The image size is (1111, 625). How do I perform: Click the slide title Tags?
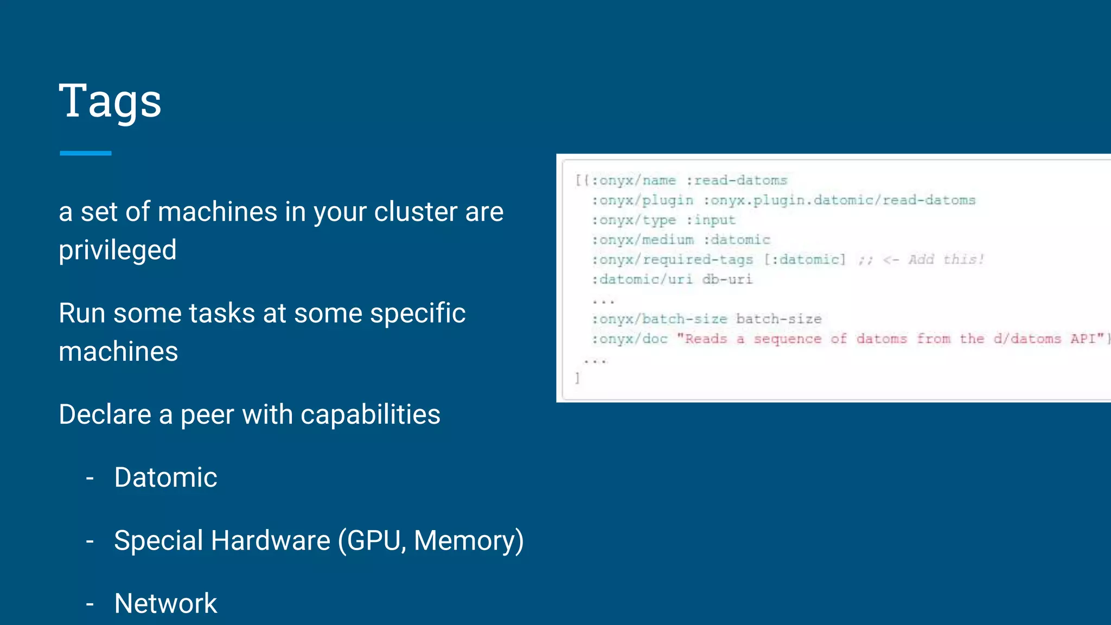[x=110, y=101]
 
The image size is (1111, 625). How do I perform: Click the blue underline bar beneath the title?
[x=86, y=154]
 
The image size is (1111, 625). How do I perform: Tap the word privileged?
[x=118, y=250]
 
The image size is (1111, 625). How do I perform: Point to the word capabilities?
[x=370, y=414]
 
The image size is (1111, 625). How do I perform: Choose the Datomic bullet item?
[x=165, y=477]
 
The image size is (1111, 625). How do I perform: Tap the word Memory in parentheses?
[x=464, y=540]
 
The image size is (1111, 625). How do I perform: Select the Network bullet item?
[x=165, y=603]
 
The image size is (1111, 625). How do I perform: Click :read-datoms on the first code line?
[x=737, y=180]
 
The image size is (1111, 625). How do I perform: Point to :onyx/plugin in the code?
[x=643, y=200]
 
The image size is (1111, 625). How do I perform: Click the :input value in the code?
[x=711, y=220]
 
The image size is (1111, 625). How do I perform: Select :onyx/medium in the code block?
[x=643, y=240]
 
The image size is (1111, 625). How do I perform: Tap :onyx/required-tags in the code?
[x=673, y=259]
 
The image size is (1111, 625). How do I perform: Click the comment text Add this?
[x=946, y=259]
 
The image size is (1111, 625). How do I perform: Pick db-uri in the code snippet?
[x=727, y=279]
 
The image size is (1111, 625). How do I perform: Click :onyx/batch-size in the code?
[x=659, y=319]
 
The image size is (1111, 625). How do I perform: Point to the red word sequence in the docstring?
[x=787, y=339]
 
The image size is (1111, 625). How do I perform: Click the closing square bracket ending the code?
[x=578, y=378]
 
